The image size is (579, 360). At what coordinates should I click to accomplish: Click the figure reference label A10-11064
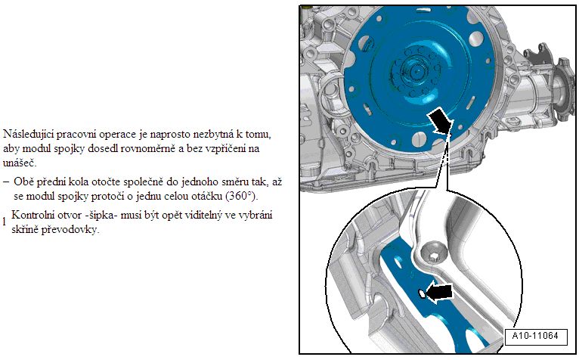pyautogui.click(x=535, y=337)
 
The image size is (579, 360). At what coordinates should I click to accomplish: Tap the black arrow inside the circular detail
pyautogui.click(x=439, y=293)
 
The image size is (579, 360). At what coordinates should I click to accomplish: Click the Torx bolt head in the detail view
pyautogui.click(x=434, y=254)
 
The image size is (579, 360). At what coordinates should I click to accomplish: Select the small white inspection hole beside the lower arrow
pyautogui.click(x=421, y=294)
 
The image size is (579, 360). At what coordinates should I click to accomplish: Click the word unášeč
pyautogui.click(x=20, y=163)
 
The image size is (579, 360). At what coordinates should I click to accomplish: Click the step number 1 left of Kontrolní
pyautogui.click(x=5, y=222)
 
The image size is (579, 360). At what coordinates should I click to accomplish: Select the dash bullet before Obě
pyautogui.click(x=6, y=182)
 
